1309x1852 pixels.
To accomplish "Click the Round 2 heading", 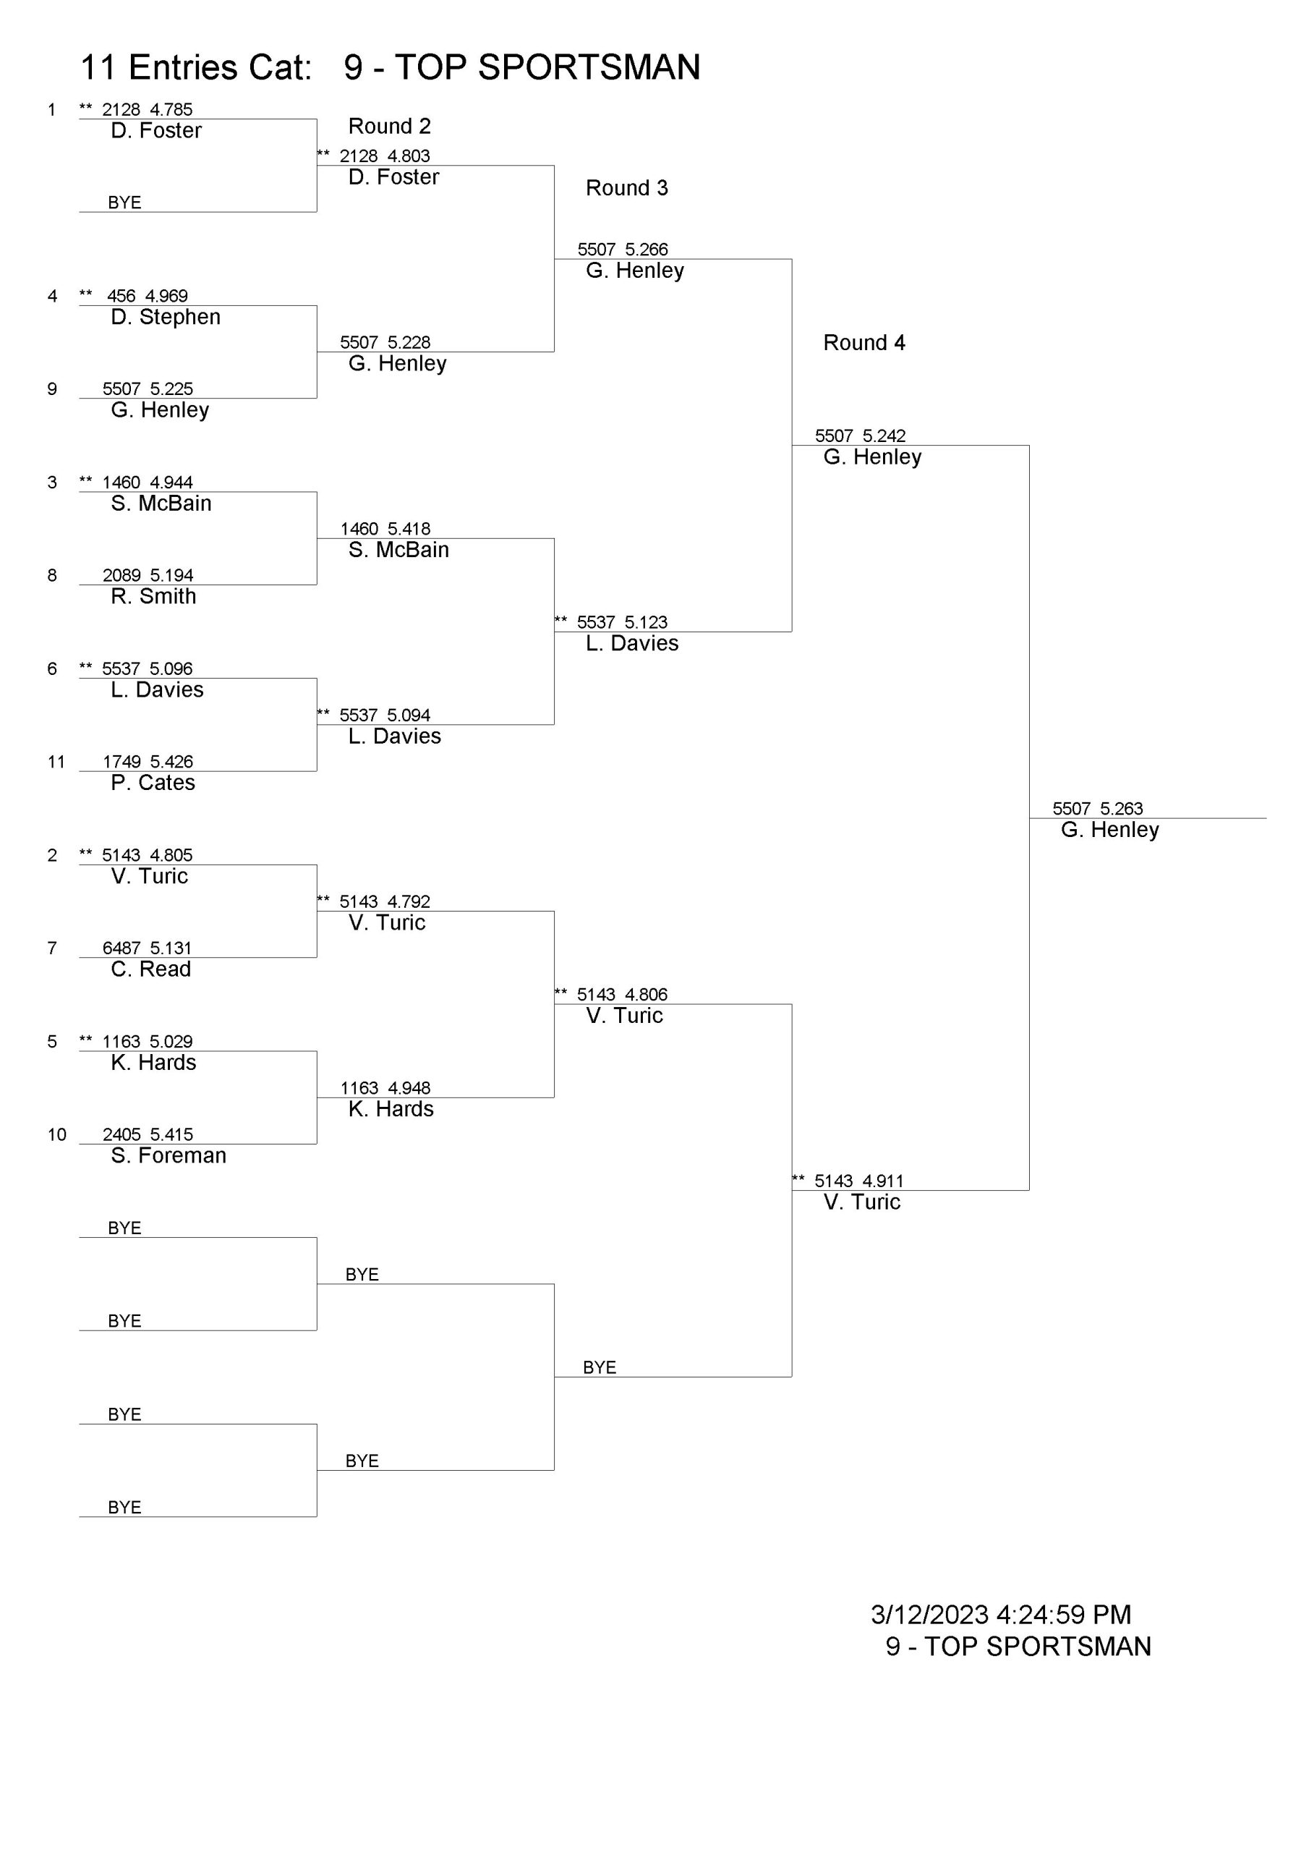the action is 390,127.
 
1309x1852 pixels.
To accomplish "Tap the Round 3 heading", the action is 627,188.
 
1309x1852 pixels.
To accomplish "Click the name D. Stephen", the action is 166,317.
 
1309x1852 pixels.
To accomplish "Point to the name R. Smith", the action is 153,596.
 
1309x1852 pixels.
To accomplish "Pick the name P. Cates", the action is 153,783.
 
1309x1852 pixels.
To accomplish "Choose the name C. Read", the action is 151,969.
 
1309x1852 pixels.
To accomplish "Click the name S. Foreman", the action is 169,1155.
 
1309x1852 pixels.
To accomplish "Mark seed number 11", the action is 56,762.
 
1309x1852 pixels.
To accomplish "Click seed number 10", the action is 56,1134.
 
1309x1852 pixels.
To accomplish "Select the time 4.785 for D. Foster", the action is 171,110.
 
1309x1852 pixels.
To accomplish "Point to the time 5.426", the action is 171,762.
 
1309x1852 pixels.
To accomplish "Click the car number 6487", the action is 121,948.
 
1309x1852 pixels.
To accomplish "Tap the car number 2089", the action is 121,575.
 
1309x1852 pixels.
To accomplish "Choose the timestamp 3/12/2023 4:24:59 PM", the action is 1001,1615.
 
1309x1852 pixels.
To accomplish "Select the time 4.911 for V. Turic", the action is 883,1181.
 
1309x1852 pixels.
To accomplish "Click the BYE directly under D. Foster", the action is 124,203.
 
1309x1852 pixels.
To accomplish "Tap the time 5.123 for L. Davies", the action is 646,622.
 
